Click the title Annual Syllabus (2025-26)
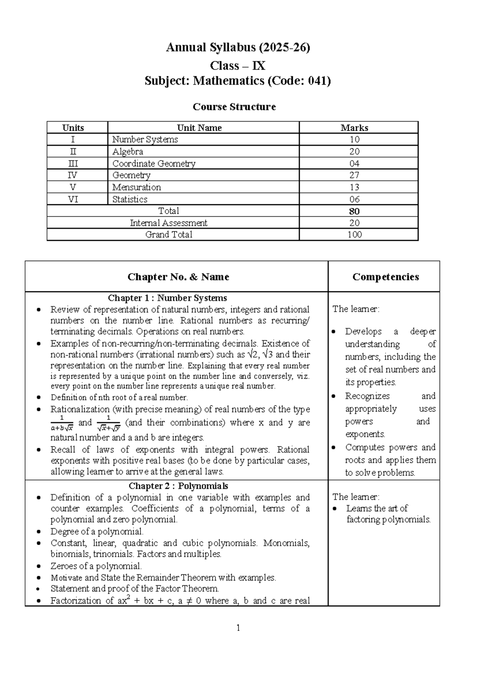pyautogui.click(x=238, y=48)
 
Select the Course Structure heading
pyautogui.click(x=234, y=107)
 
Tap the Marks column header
pyautogui.click(x=354, y=128)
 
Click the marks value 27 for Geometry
pyautogui.click(x=354, y=175)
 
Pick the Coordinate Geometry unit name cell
pyautogui.click(x=154, y=163)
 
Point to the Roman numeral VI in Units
pyautogui.click(x=73, y=199)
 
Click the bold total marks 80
pyautogui.click(x=354, y=211)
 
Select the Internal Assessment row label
pyautogui.click(x=169, y=223)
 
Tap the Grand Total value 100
pyautogui.click(x=354, y=234)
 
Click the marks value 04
pyautogui.click(x=354, y=163)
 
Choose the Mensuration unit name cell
pyautogui.click(x=136, y=187)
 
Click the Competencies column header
pyautogui.click(x=386, y=277)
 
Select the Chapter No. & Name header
pyautogui.click(x=178, y=277)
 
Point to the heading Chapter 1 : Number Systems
pyautogui.click(x=167, y=298)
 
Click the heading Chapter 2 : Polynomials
pyautogui.click(x=178, y=486)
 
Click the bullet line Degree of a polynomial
pyautogui.click(x=97, y=532)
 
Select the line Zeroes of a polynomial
pyautogui.click(x=96, y=566)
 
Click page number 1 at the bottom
pyautogui.click(x=238, y=628)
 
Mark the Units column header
pyautogui.click(x=73, y=128)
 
